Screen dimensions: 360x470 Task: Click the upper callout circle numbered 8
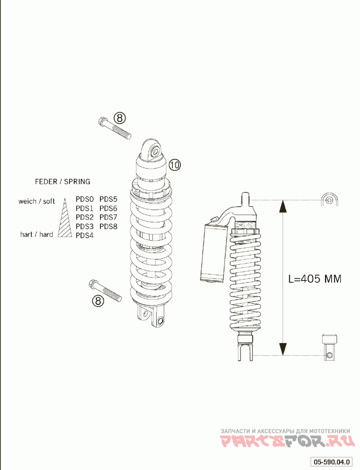tap(119, 118)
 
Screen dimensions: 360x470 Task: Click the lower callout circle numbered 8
tap(98, 300)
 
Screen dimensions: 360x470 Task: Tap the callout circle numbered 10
tap(175, 165)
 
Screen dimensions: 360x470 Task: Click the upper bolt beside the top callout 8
tap(114, 128)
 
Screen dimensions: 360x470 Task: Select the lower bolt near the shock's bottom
tap(105, 291)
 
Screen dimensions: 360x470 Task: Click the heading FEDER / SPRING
tap(63, 182)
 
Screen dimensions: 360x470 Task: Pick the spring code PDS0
tap(85, 199)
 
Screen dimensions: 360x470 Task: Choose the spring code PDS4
tap(85, 236)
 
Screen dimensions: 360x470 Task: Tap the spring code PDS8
tap(108, 226)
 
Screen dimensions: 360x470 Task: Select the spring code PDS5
tap(108, 199)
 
